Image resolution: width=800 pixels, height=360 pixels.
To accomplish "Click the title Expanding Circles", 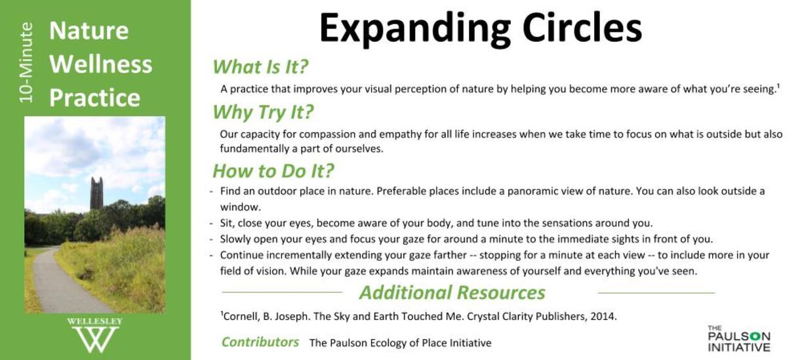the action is pyautogui.click(x=481, y=29).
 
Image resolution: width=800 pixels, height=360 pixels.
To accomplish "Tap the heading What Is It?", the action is pyautogui.click(x=260, y=67).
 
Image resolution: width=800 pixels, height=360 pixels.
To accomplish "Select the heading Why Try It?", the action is pyautogui.click(x=263, y=112).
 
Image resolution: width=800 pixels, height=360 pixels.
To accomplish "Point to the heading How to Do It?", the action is pyautogui.click(x=273, y=171).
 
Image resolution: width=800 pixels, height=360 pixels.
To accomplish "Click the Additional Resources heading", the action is pyautogui.click(x=452, y=292).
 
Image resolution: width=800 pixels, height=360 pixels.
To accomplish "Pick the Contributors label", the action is pyautogui.click(x=260, y=342).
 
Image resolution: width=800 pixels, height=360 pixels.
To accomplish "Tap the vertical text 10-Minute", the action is pyautogui.click(x=26, y=63).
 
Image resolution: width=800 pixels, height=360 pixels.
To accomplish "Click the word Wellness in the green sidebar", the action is pyautogui.click(x=101, y=64).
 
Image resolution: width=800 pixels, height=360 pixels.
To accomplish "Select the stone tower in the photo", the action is pyautogui.click(x=96, y=193).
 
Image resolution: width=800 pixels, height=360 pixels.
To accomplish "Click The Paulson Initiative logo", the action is pyautogui.click(x=738, y=338).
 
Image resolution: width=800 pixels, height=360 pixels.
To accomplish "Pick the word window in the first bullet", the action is pyautogui.click(x=239, y=207).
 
